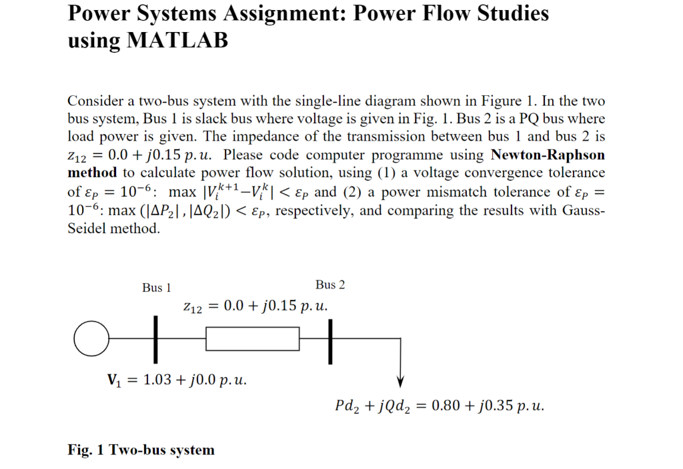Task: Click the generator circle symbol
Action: coord(91,339)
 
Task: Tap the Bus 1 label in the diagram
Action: coord(157,288)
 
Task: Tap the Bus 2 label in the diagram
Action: coord(330,285)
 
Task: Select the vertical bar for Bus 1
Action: coord(157,340)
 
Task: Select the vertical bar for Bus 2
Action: coord(329,340)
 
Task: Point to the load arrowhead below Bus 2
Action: coord(400,380)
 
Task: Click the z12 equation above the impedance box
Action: coord(255,307)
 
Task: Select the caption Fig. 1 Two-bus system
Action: coord(141,450)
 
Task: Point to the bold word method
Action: coord(92,173)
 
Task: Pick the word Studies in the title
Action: coord(513,13)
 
